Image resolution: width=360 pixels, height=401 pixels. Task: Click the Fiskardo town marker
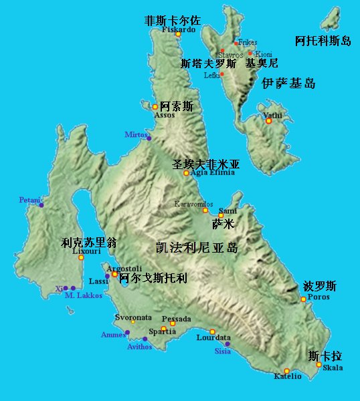pos(179,35)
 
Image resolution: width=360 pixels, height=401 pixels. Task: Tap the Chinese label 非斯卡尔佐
pos(173,21)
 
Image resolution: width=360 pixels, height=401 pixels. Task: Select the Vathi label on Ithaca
pos(272,114)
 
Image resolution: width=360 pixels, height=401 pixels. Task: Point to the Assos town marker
pos(155,107)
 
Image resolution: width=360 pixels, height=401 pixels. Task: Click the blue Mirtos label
pos(135,134)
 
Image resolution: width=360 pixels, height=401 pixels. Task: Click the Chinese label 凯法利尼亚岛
pos(196,247)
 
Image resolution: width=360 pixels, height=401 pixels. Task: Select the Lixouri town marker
pos(82,257)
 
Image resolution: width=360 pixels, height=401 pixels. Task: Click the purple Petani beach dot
pos(41,205)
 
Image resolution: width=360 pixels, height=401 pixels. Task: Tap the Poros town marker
pos(303,299)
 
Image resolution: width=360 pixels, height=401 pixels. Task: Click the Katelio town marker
pos(286,371)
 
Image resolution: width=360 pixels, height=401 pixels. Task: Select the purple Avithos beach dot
pos(145,339)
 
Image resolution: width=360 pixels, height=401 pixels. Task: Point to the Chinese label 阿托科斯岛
pos(323,41)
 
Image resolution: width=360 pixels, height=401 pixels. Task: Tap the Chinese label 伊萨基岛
pos(288,84)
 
